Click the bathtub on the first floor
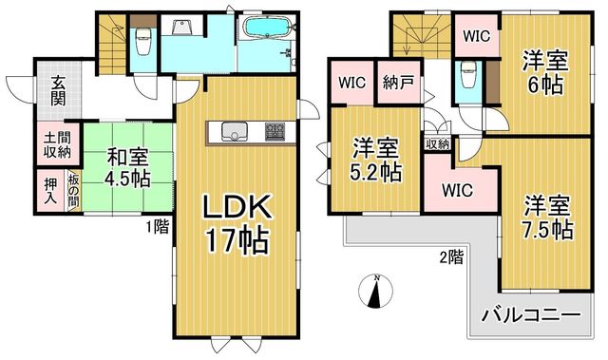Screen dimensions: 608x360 (266, 28)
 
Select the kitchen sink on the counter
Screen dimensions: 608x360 (235, 132)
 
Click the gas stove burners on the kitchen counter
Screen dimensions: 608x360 (275, 132)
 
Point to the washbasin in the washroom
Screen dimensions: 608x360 (180, 28)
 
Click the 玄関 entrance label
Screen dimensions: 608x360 (58, 91)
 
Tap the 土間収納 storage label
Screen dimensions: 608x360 (57, 144)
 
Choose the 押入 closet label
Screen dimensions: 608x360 (50, 191)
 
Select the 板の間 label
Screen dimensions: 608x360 (74, 191)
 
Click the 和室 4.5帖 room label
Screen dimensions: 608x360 (127, 168)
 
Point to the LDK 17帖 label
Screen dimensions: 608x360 (237, 225)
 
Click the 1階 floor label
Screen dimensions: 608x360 (158, 227)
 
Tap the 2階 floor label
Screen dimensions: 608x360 (451, 256)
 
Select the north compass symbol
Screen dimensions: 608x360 (375, 291)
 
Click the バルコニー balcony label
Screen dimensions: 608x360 (531, 315)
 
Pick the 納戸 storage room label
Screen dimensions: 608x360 (398, 83)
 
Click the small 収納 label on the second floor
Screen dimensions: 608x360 (437, 144)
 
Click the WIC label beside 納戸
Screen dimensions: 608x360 (351, 83)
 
